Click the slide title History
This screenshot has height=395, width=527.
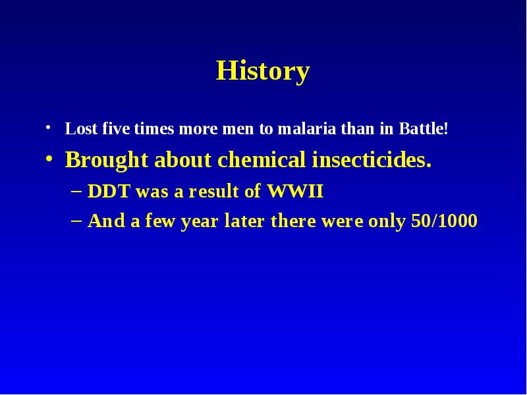tap(262, 71)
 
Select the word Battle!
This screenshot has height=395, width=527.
tap(424, 128)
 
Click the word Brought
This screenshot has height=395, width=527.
tap(107, 161)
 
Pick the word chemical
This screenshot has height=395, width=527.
tap(262, 159)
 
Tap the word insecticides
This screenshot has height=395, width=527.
tap(372, 159)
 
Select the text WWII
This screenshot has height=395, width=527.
tap(295, 191)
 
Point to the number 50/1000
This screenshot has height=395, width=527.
tap(444, 221)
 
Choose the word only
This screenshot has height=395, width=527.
tap(387, 222)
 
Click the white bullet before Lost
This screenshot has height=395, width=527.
tap(48, 128)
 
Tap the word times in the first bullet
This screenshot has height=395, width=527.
tap(154, 128)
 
